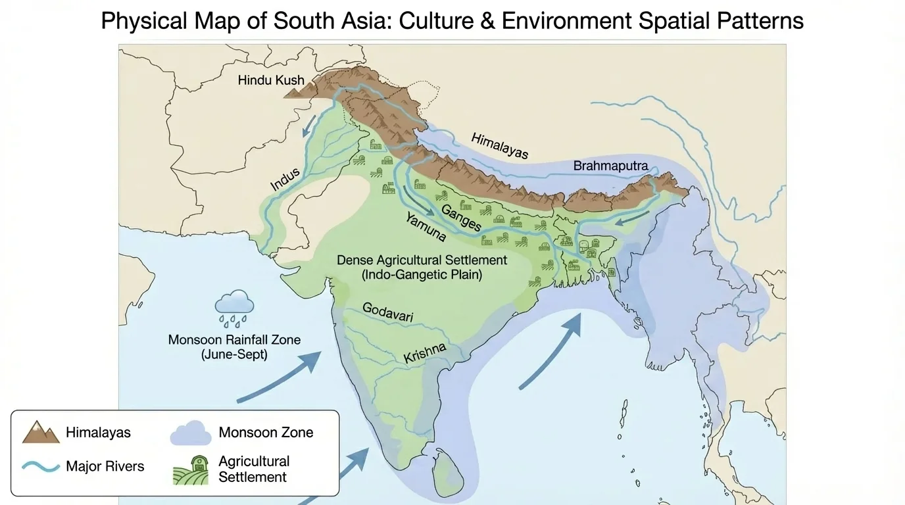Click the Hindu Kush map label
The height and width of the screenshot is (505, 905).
pos(271,80)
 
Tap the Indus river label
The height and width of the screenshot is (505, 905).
pos(285,180)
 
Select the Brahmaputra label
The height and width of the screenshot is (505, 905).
pos(610,166)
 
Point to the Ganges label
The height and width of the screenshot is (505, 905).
pos(461,218)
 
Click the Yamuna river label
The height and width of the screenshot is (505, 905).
pos(426,228)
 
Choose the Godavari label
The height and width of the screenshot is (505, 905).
pos(388,314)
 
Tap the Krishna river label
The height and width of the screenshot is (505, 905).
pos(424,353)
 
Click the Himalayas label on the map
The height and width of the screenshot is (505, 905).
pos(499,145)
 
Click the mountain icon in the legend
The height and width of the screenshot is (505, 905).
pos(41,432)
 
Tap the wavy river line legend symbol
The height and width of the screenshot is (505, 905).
pos(41,466)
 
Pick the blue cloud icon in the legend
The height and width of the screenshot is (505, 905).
pos(190,433)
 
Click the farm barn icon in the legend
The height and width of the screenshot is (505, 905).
pos(190,469)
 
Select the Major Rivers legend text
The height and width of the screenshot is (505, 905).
pos(105,467)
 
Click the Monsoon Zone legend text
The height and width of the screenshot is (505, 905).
pos(266,433)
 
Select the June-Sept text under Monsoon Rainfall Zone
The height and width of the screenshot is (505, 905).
pos(234,354)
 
